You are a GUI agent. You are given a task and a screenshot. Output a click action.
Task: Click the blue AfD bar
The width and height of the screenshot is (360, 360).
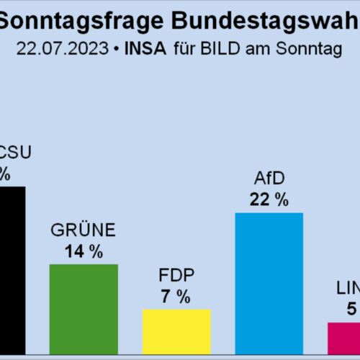(269, 274)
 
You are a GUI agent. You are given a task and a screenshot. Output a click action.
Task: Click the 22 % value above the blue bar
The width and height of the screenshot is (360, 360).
(269, 200)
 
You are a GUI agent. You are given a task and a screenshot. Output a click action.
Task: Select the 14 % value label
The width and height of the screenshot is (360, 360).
(84, 251)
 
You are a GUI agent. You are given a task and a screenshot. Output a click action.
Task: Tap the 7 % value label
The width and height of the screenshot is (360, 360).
(175, 296)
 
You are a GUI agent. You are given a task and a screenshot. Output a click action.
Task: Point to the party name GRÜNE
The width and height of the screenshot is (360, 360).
(83, 231)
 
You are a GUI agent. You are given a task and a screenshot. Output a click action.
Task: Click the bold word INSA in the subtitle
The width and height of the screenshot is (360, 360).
(145, 50)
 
